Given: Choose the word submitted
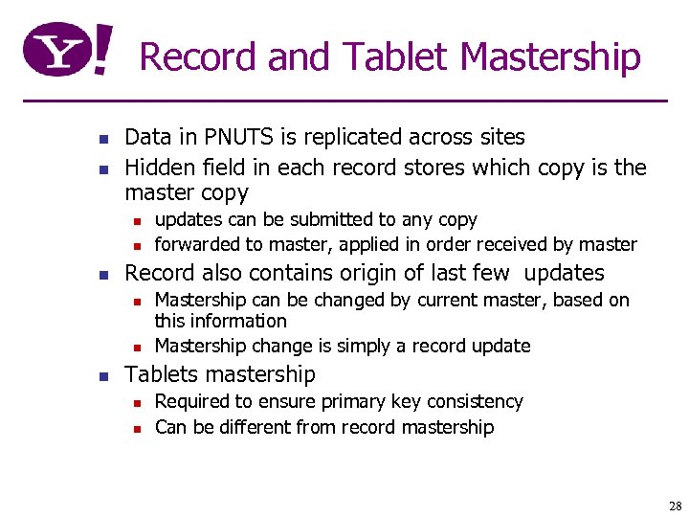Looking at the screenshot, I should click(326, 219).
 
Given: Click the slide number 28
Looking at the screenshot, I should click(675, 506).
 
